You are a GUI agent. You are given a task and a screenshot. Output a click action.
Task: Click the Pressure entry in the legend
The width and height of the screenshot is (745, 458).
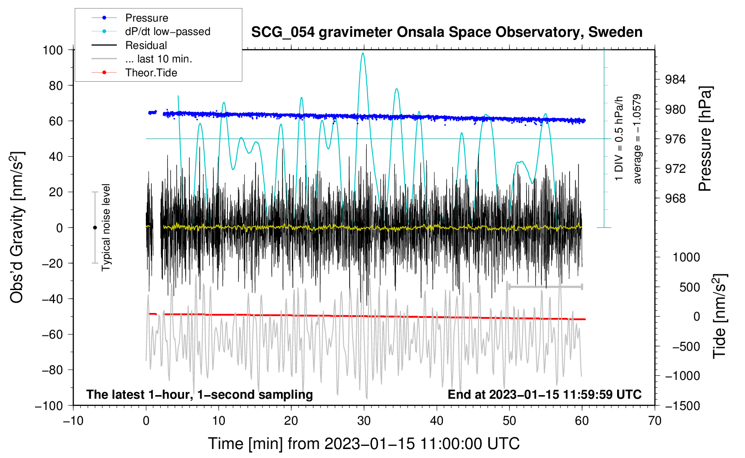click(x=130, y=18)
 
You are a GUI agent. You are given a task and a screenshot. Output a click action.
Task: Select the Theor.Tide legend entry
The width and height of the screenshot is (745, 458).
click(x=134, y=73)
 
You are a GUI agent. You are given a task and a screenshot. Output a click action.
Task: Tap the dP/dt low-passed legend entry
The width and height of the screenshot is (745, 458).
click(x=151, y=31)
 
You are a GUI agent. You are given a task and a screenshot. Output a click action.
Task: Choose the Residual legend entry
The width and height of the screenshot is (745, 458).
click(x=129, y=45)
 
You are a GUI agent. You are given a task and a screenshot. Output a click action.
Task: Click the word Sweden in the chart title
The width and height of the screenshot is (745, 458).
click(x=615, y=32)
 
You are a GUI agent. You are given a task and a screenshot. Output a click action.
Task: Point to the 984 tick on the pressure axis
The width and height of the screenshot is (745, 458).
click(x=675, y=79)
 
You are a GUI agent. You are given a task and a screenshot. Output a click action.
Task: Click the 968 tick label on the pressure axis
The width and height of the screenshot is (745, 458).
click(x=675, y=199)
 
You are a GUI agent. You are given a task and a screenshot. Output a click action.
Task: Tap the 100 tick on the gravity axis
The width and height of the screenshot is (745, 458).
click(x=53, y=50)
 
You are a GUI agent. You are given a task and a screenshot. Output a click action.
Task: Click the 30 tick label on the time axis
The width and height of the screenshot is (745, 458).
click(x=364, y=421)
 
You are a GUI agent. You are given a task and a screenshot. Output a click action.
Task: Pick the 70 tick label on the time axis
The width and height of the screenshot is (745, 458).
click(x=654, y=421)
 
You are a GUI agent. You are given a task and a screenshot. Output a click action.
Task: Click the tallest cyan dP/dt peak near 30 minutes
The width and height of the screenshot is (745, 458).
click(x=363, y=53)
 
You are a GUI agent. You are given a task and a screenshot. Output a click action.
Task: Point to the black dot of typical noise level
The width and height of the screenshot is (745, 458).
click(x=95, y=228)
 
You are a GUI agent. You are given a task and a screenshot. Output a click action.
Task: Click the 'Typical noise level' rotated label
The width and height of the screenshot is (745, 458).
click(x=106, y=228)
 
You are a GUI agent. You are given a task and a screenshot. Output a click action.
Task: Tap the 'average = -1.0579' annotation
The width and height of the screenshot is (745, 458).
click(x=637, y=139)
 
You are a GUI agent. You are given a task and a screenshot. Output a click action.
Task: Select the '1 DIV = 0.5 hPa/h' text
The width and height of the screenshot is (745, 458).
click(x=618, y=139)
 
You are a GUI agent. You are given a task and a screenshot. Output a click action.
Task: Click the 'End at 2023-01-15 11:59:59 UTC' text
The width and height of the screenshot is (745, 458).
click(x=544, y=394)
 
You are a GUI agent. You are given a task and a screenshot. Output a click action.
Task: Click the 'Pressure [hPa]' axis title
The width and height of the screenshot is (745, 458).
click(x=705, y=139)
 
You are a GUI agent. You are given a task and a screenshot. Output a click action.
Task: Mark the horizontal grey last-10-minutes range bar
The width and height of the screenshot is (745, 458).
click(x=545, y=287)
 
